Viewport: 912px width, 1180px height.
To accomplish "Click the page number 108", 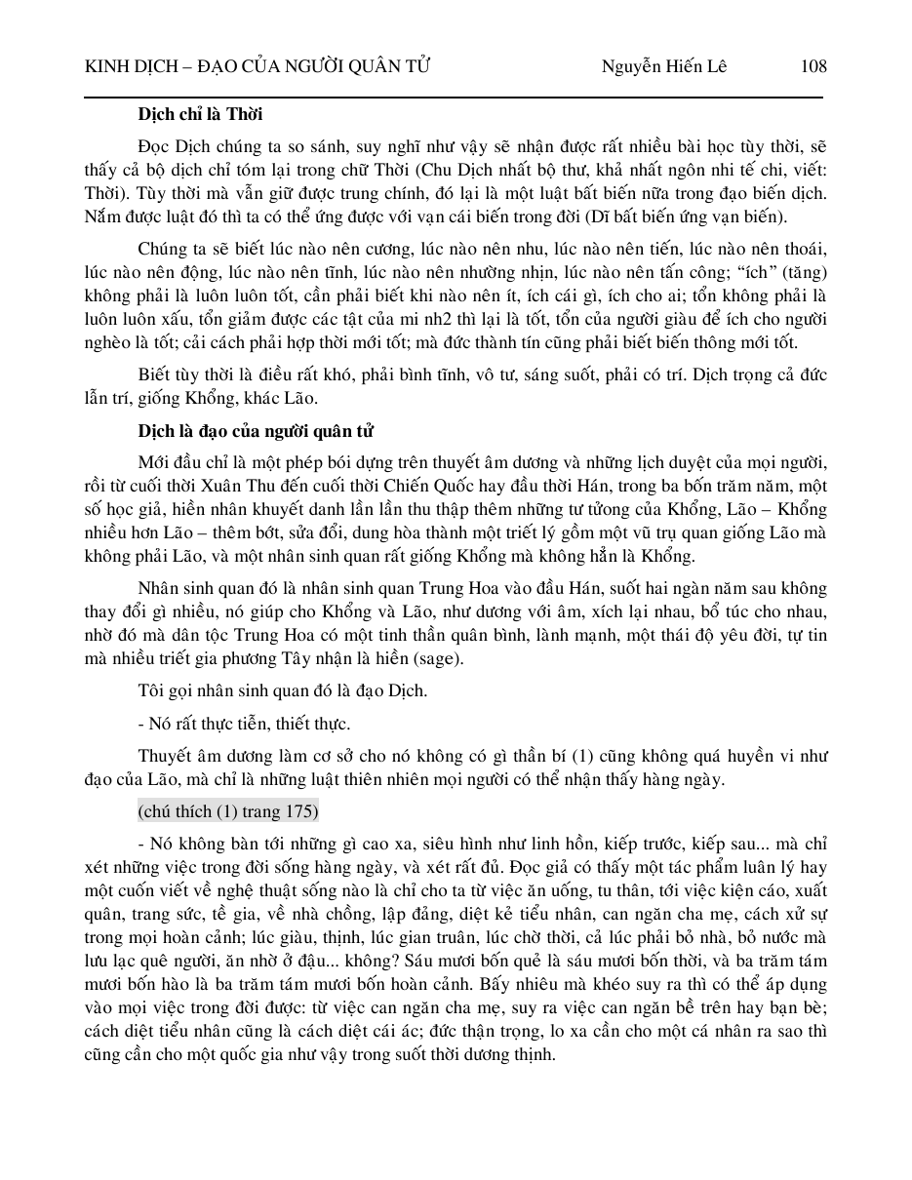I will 813,66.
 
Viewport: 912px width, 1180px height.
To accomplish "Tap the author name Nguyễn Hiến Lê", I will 664,66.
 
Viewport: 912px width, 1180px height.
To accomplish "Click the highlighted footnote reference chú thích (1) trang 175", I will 228,811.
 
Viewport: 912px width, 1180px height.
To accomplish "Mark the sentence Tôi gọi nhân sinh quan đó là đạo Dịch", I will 283,691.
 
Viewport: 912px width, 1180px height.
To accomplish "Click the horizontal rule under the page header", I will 455,97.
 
